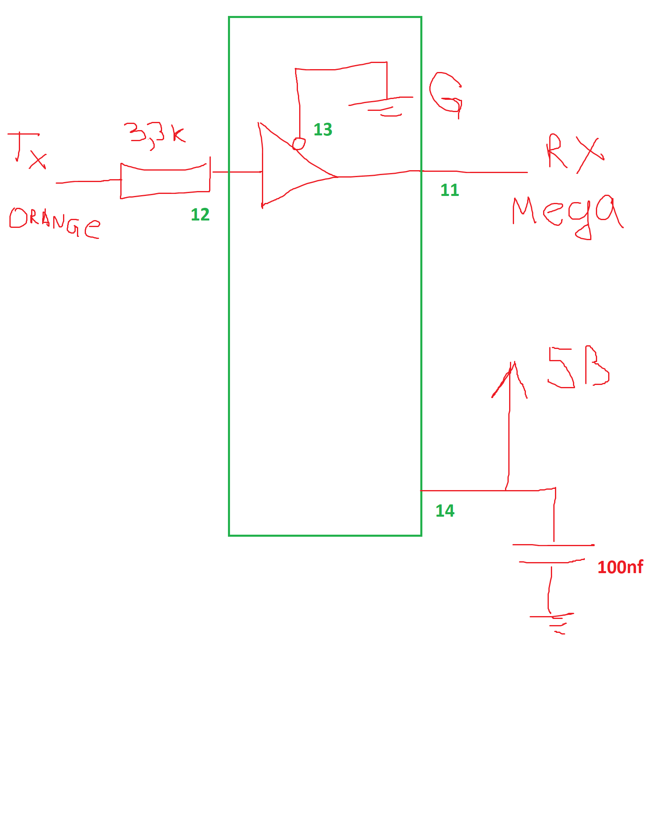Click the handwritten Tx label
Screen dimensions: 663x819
click(x=27, y=150)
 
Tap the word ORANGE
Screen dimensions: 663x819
click(x=54, y=223)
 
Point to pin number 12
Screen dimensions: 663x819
click(x=200, y=215)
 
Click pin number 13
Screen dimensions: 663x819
click(x=323, y=130)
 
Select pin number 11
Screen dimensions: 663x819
click(x=450, y=190)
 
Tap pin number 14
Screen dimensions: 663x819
click(x=445, y=511)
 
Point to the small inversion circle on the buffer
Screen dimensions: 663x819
click(x=299, y=144)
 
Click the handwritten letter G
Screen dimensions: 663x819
click(x=446, y=95)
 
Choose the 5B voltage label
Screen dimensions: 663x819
click(x=579, y=367)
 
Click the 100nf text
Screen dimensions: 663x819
click(x=620, y=567)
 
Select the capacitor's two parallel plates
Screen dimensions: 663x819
click(x=553, y=553)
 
